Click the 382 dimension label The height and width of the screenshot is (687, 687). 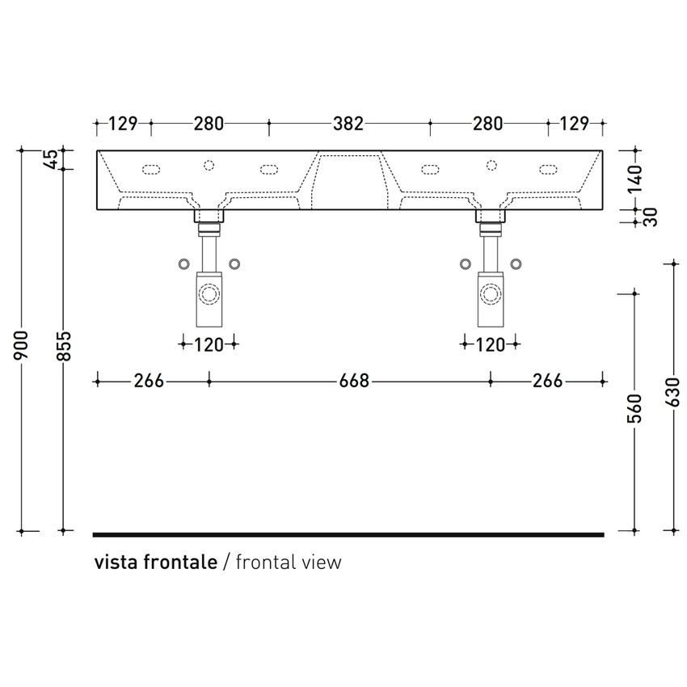348,124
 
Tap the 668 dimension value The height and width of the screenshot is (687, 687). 355,381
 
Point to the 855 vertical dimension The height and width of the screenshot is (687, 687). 64,346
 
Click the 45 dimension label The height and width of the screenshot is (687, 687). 51,159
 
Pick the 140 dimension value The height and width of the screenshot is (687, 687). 634,179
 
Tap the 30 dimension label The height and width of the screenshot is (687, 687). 651,217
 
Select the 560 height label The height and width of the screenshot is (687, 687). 634,409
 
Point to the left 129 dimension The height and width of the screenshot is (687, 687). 123,124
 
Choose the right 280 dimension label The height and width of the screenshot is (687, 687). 488,124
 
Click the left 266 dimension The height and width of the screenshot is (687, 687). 149,381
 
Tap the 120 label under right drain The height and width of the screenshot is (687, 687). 491,345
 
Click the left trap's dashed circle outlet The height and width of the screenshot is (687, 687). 209,293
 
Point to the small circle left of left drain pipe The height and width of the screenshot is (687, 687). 184,264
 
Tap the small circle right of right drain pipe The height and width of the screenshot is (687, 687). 516,264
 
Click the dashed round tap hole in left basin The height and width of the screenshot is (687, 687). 209,165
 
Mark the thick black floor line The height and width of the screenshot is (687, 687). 348,534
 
